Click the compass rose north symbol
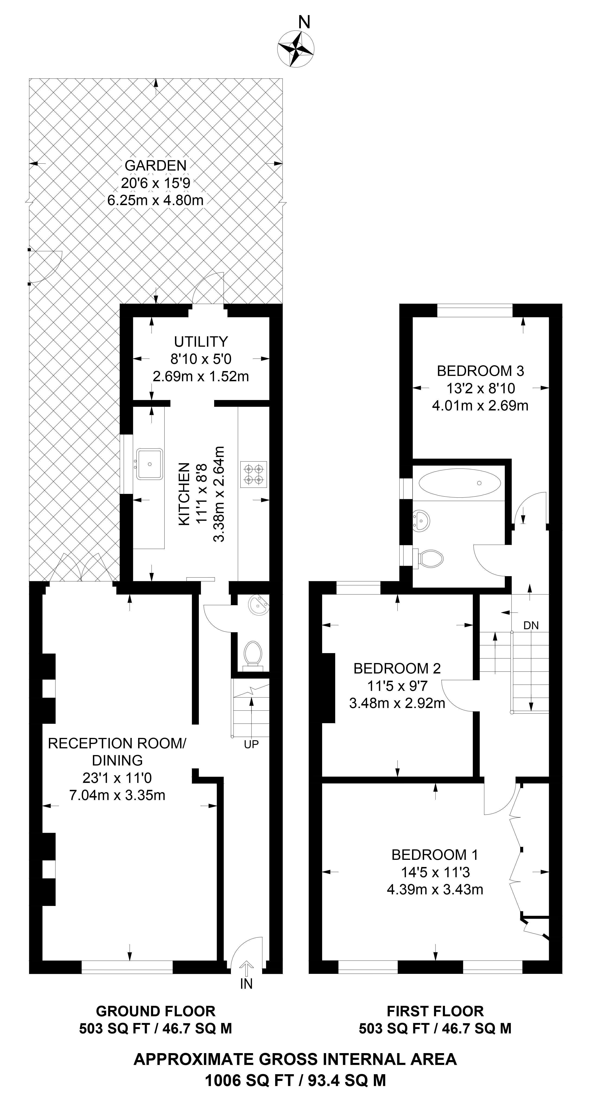click(296, 48)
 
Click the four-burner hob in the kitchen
click(254, 474)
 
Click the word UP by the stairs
click(251, 744)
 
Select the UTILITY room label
click(200, 342)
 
